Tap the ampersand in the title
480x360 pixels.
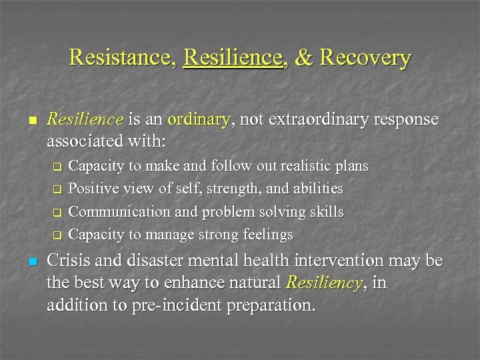[x=303, y=57]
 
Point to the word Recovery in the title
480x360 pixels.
[x=365, y=57]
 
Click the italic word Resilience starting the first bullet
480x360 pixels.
[x=85, y=119]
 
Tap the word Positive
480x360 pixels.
[x=94, y=189]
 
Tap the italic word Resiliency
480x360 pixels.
[x=323, y=283]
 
